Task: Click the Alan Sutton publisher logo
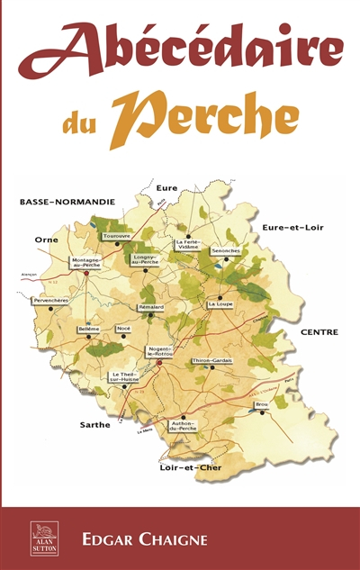point(43,538)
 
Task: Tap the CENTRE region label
point(319,331)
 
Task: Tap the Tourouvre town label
point(117,236)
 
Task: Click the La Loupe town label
point(220,304)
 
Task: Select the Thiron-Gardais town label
point(212,360)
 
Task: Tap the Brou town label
point(262,404)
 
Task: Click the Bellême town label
point(88,330)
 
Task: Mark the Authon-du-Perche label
point(183,426)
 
